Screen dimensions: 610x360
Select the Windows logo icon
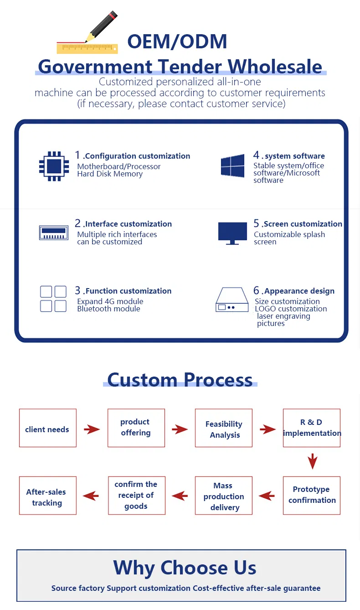232,166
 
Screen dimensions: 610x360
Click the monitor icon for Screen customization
232,233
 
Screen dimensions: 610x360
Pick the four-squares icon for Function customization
53,299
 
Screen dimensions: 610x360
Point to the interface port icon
54,232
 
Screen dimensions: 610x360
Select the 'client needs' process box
47,428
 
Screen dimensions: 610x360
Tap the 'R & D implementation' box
312,428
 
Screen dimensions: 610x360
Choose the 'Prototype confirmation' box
312,495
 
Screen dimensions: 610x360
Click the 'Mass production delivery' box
224,496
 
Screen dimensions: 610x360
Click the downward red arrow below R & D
312,461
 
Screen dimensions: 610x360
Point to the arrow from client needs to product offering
92,429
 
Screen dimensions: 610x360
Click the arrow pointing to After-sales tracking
91,496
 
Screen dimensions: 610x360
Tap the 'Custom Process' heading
180,379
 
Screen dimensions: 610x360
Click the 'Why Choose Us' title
185,568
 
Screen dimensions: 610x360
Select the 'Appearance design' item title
299,291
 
